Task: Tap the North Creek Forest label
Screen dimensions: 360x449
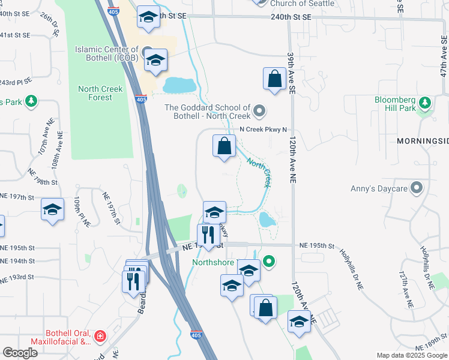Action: pos(100,93)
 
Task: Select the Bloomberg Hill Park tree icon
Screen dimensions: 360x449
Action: pos(425,103)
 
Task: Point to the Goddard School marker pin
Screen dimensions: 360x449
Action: pos(259,110)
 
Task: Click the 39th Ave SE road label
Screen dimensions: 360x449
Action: pos(292,73)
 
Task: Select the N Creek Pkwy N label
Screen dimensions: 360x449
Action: pos(264,129)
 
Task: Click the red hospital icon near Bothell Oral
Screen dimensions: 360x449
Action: pos(100,336)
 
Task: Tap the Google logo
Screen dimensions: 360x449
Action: pos(20,353)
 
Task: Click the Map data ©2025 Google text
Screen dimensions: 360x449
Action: pos(412,355)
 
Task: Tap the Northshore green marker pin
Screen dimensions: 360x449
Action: pos(270,261)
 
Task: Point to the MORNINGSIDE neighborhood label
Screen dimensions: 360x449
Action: pos(423,141)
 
